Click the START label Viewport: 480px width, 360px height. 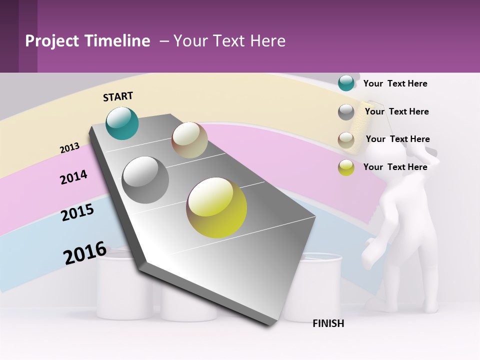pyautogui.click(x=118, y=96)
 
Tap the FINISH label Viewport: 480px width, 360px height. pyautogui.click(x=328, y=323)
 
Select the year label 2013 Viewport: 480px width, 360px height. pyautogui.click(x=70, y=147)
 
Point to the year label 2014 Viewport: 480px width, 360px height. pyautogui.click(x=73, y=177)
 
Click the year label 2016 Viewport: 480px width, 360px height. pyautogui.click(x=85, y=252)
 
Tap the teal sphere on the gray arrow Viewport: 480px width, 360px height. pyautogui.click(x=122, y=123)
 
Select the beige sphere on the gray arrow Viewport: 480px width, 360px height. pyautogui.click(x=189, y=140)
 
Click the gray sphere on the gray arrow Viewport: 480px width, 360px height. pyautogui.click(x=145, y=180)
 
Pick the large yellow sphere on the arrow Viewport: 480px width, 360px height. pyautogui.click(x=216, y=207)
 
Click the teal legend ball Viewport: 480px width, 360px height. pyautogui.click(x=346, y=83)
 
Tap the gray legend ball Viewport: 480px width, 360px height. pyautogui.click(x=346, y=112)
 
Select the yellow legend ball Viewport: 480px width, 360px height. pyautogui.click(x=346, y=167)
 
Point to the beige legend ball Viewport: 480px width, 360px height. pyautogui.click(x=346, y=140)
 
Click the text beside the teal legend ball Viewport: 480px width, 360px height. pyautogui.click(x=395, y=83)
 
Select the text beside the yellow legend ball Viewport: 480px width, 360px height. pyautogui.click(x=395, y=167)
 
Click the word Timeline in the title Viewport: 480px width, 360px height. pyautogui.click(x=117, y=41)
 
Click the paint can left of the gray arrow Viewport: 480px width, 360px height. pyautogui.click(x=122, y=290)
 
